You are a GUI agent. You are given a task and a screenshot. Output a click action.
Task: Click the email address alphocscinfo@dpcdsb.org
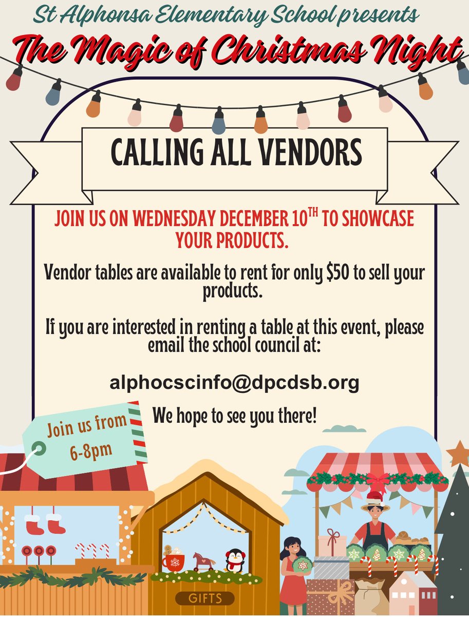(x=234, y=383)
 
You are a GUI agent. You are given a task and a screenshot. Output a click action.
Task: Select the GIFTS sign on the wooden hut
(x=205, y=598)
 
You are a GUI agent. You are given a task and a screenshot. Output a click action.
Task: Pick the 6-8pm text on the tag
(x=90, y=450)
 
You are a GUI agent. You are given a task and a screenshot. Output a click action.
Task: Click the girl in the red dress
(x=294, y=571)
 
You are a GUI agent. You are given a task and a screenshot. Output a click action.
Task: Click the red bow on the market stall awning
(x=378, y=480)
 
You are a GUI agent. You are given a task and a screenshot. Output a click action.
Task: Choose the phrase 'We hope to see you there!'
(x=235, y=415)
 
